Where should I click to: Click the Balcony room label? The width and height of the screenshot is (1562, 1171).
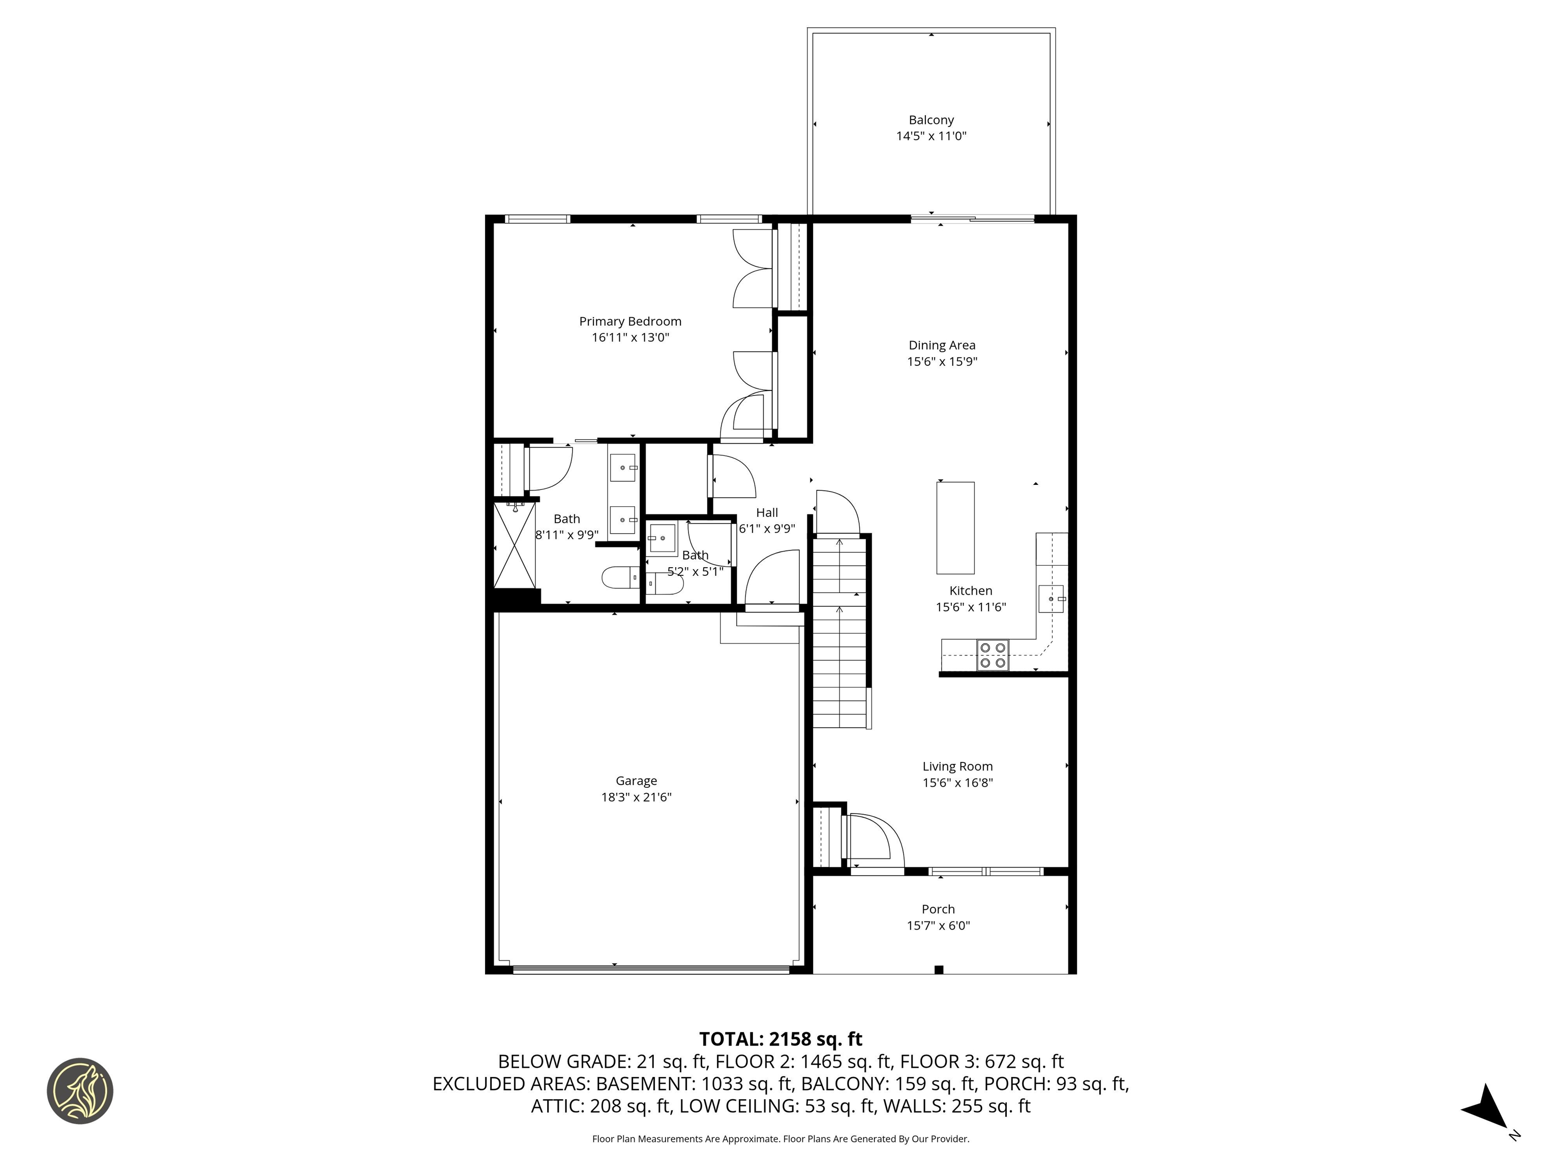point(930,120)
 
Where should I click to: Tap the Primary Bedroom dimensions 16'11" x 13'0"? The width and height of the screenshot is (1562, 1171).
point(630,337)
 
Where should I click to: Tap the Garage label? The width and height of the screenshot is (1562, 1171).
point(636,781)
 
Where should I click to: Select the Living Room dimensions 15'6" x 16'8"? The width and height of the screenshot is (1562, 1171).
point(957,783)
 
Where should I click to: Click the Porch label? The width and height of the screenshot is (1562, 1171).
point(938,909)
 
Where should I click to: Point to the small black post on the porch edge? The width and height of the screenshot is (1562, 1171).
point(939,969)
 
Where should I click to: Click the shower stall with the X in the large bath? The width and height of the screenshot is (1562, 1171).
point(515,545)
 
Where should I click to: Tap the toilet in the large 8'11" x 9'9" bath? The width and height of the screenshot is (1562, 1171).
point(619,578)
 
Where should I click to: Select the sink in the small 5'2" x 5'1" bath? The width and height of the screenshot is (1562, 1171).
point(663,539)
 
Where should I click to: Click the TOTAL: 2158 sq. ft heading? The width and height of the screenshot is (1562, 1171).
point(780,1039)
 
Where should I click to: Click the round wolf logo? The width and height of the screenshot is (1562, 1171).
point(80,1091)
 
